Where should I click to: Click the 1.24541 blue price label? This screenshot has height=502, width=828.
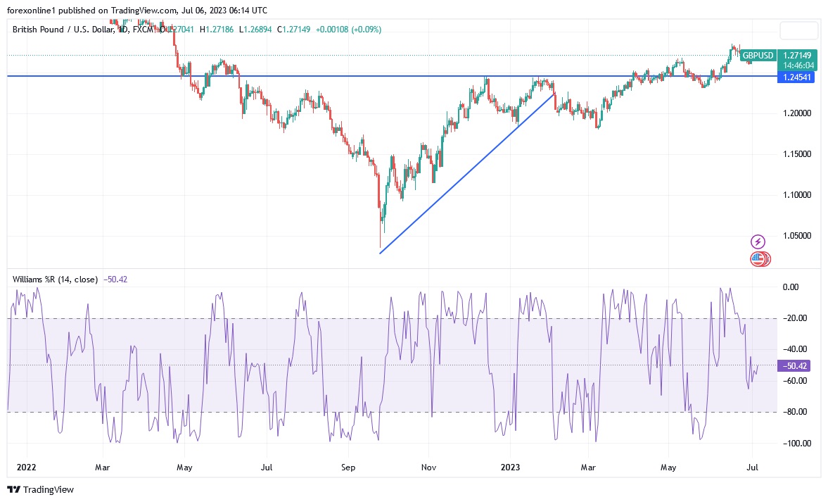(x=796, y=77)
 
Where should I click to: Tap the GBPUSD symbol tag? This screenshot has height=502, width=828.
(x=758, y=55)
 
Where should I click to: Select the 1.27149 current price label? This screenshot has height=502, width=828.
(x=796, y=55)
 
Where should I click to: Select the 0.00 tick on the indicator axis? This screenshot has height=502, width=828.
(x=791, y=287)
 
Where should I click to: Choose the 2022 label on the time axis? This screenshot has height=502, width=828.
(x=26, y=467)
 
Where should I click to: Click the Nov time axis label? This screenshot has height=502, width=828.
(x=428, y=467)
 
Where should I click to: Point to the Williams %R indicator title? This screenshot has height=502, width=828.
(x=55, y=280)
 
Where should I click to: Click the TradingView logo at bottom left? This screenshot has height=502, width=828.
(x=40, y=489)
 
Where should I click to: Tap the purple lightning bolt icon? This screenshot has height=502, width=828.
(x=758, y=241)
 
